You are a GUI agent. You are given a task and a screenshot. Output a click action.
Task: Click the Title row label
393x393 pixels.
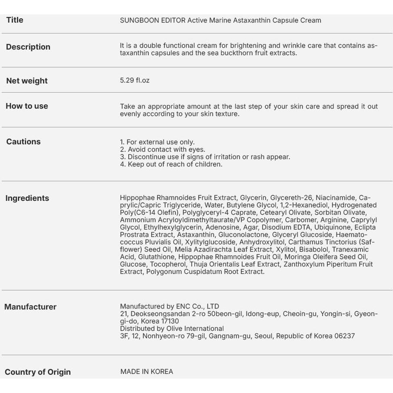pyautogui.click(x=15, y=20)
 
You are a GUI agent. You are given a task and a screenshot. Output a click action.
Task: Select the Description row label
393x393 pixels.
pyautogui.click(x=28, y=47)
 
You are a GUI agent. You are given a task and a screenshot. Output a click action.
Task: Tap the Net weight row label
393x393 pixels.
pyautogui.click(x=27, y=81)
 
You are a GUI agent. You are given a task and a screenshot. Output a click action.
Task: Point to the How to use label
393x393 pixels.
pyautogui.click(x=27, y=106)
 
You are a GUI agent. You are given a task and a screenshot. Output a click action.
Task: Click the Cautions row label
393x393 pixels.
pyautogui.click(x=23, y=142)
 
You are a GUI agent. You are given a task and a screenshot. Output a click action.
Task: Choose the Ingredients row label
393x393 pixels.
pyautogui.click(x=27, y=198)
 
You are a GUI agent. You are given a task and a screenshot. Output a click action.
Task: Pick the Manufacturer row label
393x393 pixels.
pyautogui.click(x=30, y=307)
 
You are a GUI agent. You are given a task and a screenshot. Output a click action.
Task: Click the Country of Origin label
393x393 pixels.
pyautogui.click(x=38, y=372)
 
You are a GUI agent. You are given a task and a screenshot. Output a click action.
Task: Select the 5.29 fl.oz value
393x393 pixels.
pyautogui.click(x=135, y=80)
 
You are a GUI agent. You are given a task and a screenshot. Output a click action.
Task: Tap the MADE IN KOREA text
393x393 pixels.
pyautogui.click(x=147, y=372)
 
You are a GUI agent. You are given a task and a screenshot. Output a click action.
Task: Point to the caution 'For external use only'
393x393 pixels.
pyautogui.click(x=157, y=142)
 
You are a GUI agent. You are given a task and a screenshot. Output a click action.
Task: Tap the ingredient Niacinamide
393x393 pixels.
pyautogui.click(x=335, y=198)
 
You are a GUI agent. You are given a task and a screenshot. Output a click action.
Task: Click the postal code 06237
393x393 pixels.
pyautogui.click(x=345, y=336)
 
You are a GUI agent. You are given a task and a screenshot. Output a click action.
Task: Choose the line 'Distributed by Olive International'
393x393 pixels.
pyautogui.click(x=172, y=329)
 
